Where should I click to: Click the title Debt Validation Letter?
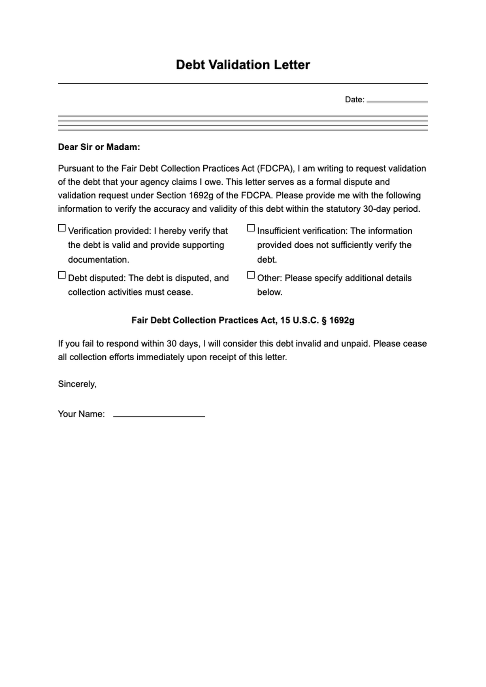(x=243, y=65)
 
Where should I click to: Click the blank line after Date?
(x=397, y=100)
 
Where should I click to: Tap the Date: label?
(x=354, y=100)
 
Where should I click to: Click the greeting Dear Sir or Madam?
(x=99, y=147)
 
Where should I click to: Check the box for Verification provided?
(x=62, y=228)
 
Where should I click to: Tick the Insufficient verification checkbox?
(x=251, y=228)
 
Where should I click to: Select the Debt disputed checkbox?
(x=62, y=275)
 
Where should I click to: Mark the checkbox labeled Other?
(x=251, y=275)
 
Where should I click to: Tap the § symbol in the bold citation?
(x=324, y=320)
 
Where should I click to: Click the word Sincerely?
(x=77, y=384)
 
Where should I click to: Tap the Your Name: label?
(x=81, y=414)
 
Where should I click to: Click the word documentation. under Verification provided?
(x=98, y=259)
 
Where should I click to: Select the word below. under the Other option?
(x=269, y=292)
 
